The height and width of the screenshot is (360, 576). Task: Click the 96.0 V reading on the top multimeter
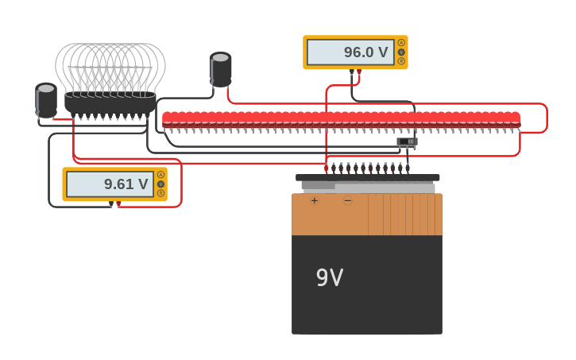click(x=365, y=53)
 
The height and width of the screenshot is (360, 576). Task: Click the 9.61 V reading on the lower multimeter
click(x=126, y=184)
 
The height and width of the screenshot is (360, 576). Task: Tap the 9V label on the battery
click(x=330, y=278)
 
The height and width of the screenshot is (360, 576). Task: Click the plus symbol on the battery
click(x=315, y=201)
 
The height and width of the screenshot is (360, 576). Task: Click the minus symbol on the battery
click(x=347, y=201)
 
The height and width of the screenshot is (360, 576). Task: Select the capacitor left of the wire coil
click(x=46, y=100)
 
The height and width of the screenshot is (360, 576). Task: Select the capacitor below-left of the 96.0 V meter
click(x=221, y=69)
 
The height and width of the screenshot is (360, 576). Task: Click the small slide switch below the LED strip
click(x=407, y=141)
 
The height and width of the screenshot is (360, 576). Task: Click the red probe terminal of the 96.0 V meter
click(x=359, y=72)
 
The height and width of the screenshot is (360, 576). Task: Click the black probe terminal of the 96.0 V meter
click(x=351, y=72)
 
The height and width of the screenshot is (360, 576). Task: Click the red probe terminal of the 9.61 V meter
click(x=118, y=203)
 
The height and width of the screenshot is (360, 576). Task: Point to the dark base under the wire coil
click(x=110, y=104)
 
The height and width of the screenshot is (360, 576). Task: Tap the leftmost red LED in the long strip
click(x=167, y=119)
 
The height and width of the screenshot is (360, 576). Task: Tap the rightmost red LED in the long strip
click(x=516, y=119)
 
